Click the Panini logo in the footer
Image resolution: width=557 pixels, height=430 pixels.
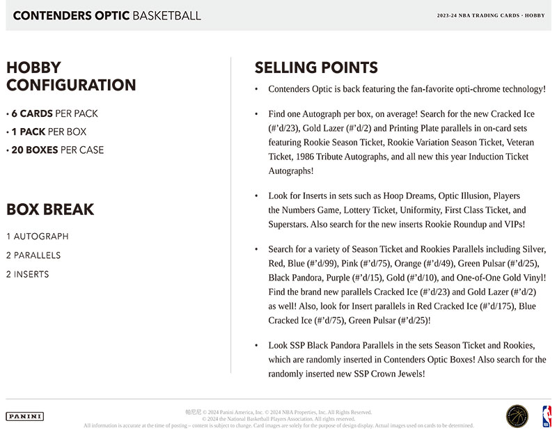(24, 416)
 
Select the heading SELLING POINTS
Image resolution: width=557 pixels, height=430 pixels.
(316, 67)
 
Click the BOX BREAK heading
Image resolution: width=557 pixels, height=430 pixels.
(50, 209)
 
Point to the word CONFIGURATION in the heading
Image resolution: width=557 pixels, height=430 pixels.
(71, 86)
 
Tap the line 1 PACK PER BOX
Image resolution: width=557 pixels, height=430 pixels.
(47, 132)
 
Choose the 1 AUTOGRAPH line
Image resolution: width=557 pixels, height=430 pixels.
(38, 237)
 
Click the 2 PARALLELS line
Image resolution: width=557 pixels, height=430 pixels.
(33, 255)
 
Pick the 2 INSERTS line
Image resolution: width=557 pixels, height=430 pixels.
(28, 274)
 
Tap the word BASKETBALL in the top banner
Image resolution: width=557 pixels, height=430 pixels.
(164, 15)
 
